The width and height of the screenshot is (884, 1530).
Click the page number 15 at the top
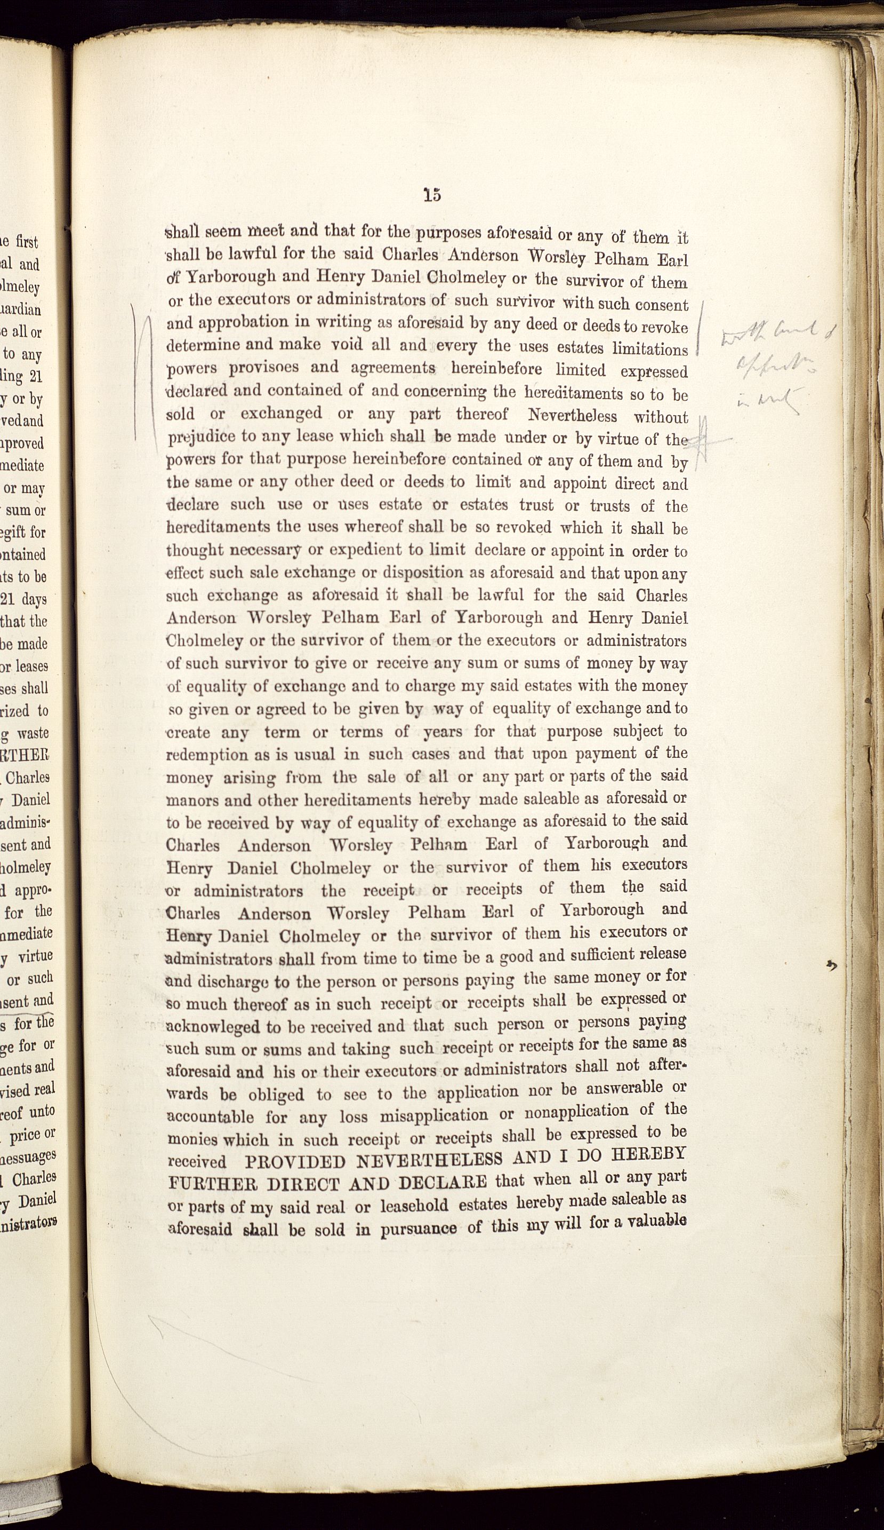[x=432, y=195]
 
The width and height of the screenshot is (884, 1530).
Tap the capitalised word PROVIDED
[x=295, y=1161]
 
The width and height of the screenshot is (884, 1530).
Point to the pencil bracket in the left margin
[x=140, y=374]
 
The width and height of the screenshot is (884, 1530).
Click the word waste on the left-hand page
[x=34, y=733]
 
